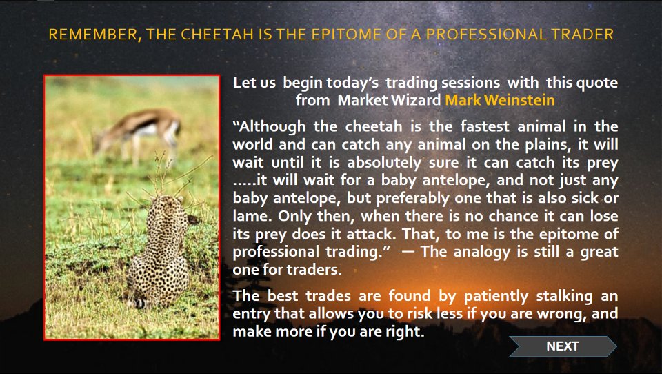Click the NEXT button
point(563,346)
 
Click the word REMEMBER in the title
point(93,35)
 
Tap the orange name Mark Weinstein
point(500,100)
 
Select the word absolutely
point(384,163)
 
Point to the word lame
point(251,216)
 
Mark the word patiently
point(496,296)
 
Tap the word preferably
point(413,198)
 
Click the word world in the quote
point(254,144)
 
